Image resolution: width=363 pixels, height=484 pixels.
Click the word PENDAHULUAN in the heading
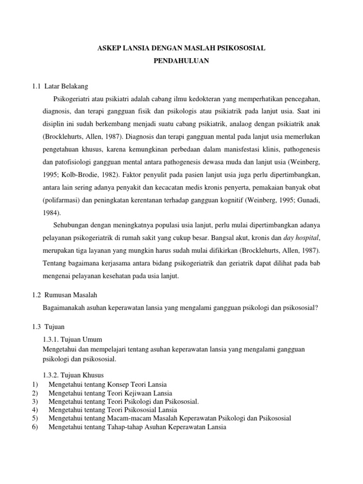(181, 61)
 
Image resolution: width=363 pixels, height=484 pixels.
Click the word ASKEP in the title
(108, 48)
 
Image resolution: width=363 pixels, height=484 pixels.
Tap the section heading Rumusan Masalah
(71, 294)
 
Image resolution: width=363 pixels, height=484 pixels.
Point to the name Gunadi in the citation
(308, 199)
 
